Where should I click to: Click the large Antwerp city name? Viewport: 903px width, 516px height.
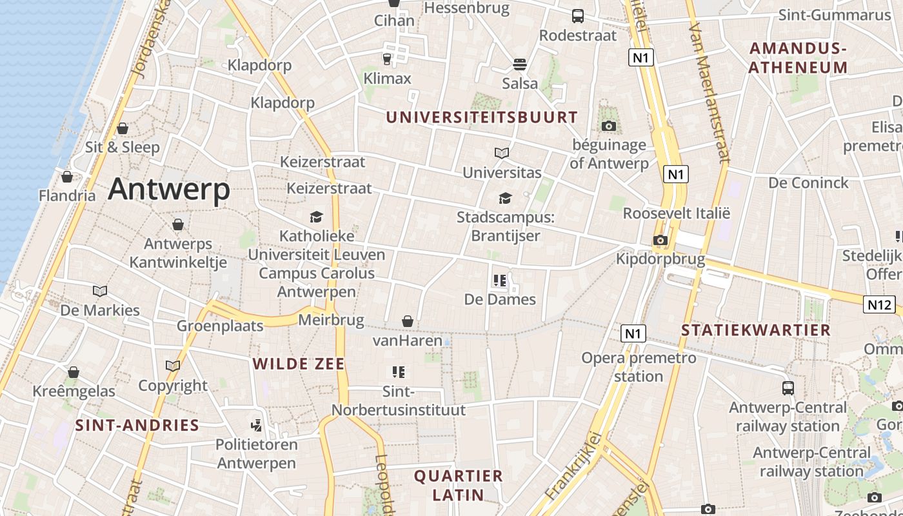tap(169, 189)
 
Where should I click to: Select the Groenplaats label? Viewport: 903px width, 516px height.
tap(220, 326)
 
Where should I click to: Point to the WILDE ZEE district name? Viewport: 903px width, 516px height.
tap(299, 364)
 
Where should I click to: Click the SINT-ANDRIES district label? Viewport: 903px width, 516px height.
tap(137, 425)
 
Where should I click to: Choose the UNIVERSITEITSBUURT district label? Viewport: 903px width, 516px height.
tap(482, 117)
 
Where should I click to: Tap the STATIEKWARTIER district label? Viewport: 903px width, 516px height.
tap(756, 330)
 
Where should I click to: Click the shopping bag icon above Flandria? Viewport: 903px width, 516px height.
tap(67, 176)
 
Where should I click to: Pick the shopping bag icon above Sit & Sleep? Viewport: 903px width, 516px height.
tap(123, 128)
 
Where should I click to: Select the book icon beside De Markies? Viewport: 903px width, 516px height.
tap(100, 291)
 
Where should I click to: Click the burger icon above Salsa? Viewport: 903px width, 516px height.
tap(520, 64)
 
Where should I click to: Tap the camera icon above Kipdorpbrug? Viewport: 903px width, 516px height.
tap(660, 241)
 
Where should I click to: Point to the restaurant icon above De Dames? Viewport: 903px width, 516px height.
tap(500, 281)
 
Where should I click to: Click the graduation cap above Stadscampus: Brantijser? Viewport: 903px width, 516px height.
tap(505, 198)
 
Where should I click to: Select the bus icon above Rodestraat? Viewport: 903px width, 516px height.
tap(578, 16)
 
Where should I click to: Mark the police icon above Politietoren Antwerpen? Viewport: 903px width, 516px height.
tap(257, 425)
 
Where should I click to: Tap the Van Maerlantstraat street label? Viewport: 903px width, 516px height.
tap(709, 94)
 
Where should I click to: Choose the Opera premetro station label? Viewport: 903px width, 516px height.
tap(639, 366)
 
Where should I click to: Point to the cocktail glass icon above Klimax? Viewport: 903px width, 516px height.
tap(387, 59)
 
